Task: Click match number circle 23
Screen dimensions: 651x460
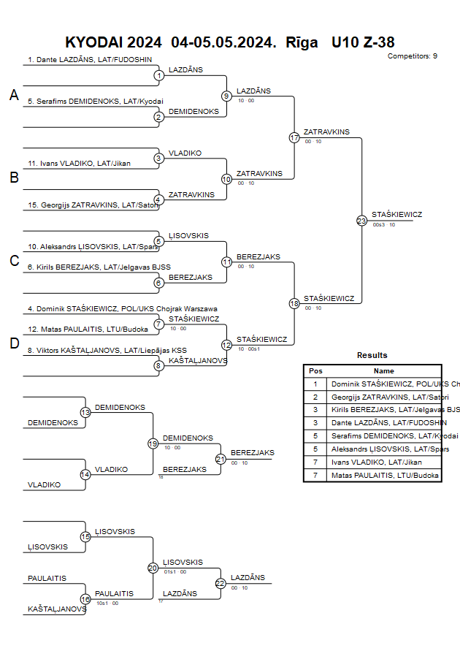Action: pos(361,221)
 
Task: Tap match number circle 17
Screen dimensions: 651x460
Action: pos(294,137)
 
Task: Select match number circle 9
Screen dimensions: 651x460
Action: pos(226,96)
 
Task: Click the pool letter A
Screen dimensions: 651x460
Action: pos(14,95)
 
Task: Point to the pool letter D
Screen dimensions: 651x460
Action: pos(14,343)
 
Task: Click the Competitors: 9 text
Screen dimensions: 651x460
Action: pos(412,56)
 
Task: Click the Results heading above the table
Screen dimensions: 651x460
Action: pos(372,355)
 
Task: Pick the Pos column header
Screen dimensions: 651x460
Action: pos(315,370)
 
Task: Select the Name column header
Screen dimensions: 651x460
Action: pos(383,370)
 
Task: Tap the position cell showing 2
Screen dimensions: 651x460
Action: pos(315,397)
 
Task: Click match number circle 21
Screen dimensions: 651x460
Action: pos(221,459)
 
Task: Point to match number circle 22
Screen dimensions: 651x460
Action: pos(221,583)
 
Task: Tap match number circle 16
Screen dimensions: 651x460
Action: pos(85,599)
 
